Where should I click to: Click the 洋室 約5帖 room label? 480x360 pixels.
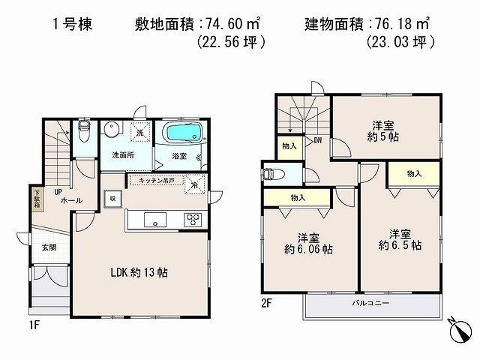point(383,132)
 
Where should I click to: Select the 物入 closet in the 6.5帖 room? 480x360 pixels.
point(414,173)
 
